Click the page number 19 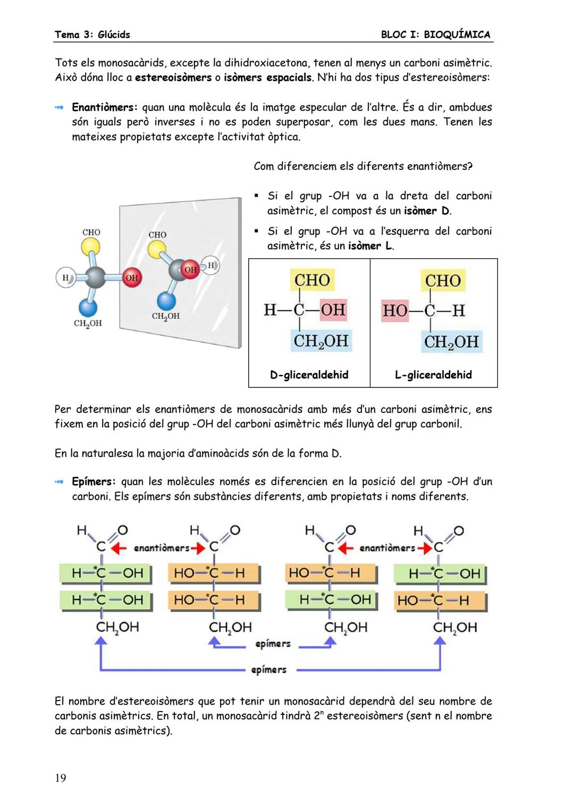pyautogui.click(x=61, y=778)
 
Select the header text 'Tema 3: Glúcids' pyautogui.click(x=92, y=35)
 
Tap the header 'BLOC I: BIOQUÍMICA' pyautogui.click(x=435, y=35)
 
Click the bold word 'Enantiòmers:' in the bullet pyautogui.click(x=105, y=107)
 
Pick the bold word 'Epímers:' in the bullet pyautogui.click(x=94, y=481)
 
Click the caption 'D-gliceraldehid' pyautogui.click(x=309, y=375)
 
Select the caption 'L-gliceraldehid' pyautogui.click(x=433, y=375)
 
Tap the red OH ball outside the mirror pyautogui.click(x=132, y=277)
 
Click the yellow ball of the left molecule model pyautogui.click(x=91, y=246)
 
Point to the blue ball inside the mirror pyautogui.click(x=166, y=301)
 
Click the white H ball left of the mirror pyautogui.click(x=65, y=277)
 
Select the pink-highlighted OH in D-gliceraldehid pyautogui.click(x=333, y=309)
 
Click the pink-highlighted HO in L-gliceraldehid pyautogui.click(x=395, y=310)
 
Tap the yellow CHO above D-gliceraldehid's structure pyautogui.click(x=312, y=280)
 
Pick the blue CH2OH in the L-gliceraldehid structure pyautogui.click(x=451, y=342)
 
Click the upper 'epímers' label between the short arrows pyautogui.click(x=273, y=644)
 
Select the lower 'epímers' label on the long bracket pyautogui.click(x=269, y=670)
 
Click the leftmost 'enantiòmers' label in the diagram pyautogui.click(x=161, y=548)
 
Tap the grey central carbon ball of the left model pyautogui.click(x=96, y=277)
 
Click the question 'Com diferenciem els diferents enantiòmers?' pyautogui.click(x=363, y=166)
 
